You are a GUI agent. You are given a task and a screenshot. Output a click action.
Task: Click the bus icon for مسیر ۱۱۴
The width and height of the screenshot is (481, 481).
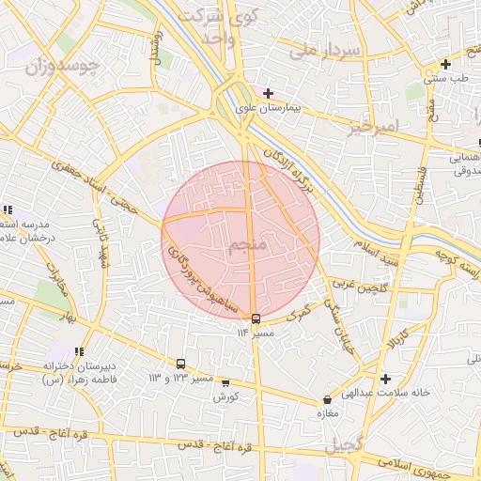256,318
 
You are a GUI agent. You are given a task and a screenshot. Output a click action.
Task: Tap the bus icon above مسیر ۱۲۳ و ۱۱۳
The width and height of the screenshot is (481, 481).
181,364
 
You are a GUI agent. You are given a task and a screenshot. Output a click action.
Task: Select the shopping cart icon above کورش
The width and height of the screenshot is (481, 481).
225,383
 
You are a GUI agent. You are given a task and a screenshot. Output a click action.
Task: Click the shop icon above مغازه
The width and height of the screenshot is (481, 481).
327,400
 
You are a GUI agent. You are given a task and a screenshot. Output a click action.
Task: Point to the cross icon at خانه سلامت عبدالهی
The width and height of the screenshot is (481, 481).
386,379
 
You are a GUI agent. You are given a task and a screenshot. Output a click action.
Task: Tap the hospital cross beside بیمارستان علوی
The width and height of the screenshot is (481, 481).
268,93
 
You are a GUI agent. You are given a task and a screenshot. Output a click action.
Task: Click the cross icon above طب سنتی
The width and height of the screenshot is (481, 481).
445,65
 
